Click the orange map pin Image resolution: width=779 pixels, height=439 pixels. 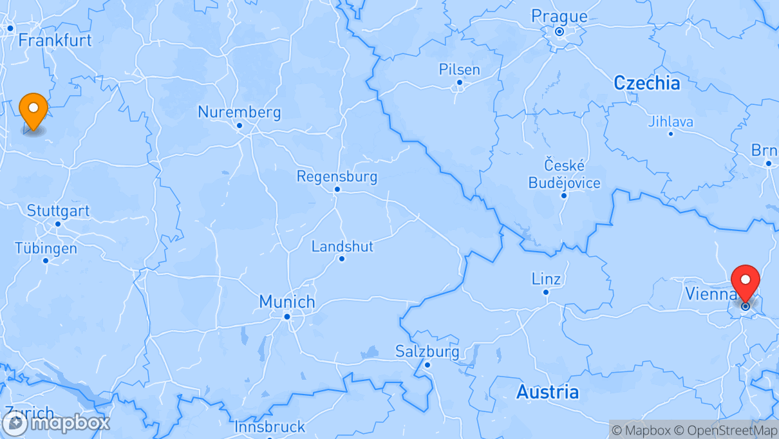(x=33, y=111)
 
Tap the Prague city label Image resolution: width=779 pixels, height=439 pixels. (x=559, y=17)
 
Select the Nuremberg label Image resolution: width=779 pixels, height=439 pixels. (x=239, y=112)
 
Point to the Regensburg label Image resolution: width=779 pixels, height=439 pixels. (x=337, y=176)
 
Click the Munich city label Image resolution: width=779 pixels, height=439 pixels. (x=287, y=301)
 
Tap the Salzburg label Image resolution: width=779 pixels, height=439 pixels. (x=427, y=351)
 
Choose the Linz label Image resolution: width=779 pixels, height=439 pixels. (x=546, y=279)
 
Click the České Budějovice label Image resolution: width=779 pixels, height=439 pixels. (x=564, y=174)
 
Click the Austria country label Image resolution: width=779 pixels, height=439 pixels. (x=547, y=392)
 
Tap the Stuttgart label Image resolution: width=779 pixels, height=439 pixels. (x=58, y=211)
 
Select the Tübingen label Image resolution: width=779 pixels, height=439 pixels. (x=46, y=248)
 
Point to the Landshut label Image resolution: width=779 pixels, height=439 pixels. (x=342, y=247)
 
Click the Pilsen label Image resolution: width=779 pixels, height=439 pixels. (x=460, y=70)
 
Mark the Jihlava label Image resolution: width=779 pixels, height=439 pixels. (x=671, y=122)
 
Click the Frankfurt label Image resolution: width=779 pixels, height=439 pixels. (x=55, y=40)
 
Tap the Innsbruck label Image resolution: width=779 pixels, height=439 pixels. (x=270, y=427)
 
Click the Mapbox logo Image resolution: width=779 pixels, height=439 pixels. (x=56, y=423)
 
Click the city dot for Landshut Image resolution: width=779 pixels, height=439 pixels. (x=342, y=259)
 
